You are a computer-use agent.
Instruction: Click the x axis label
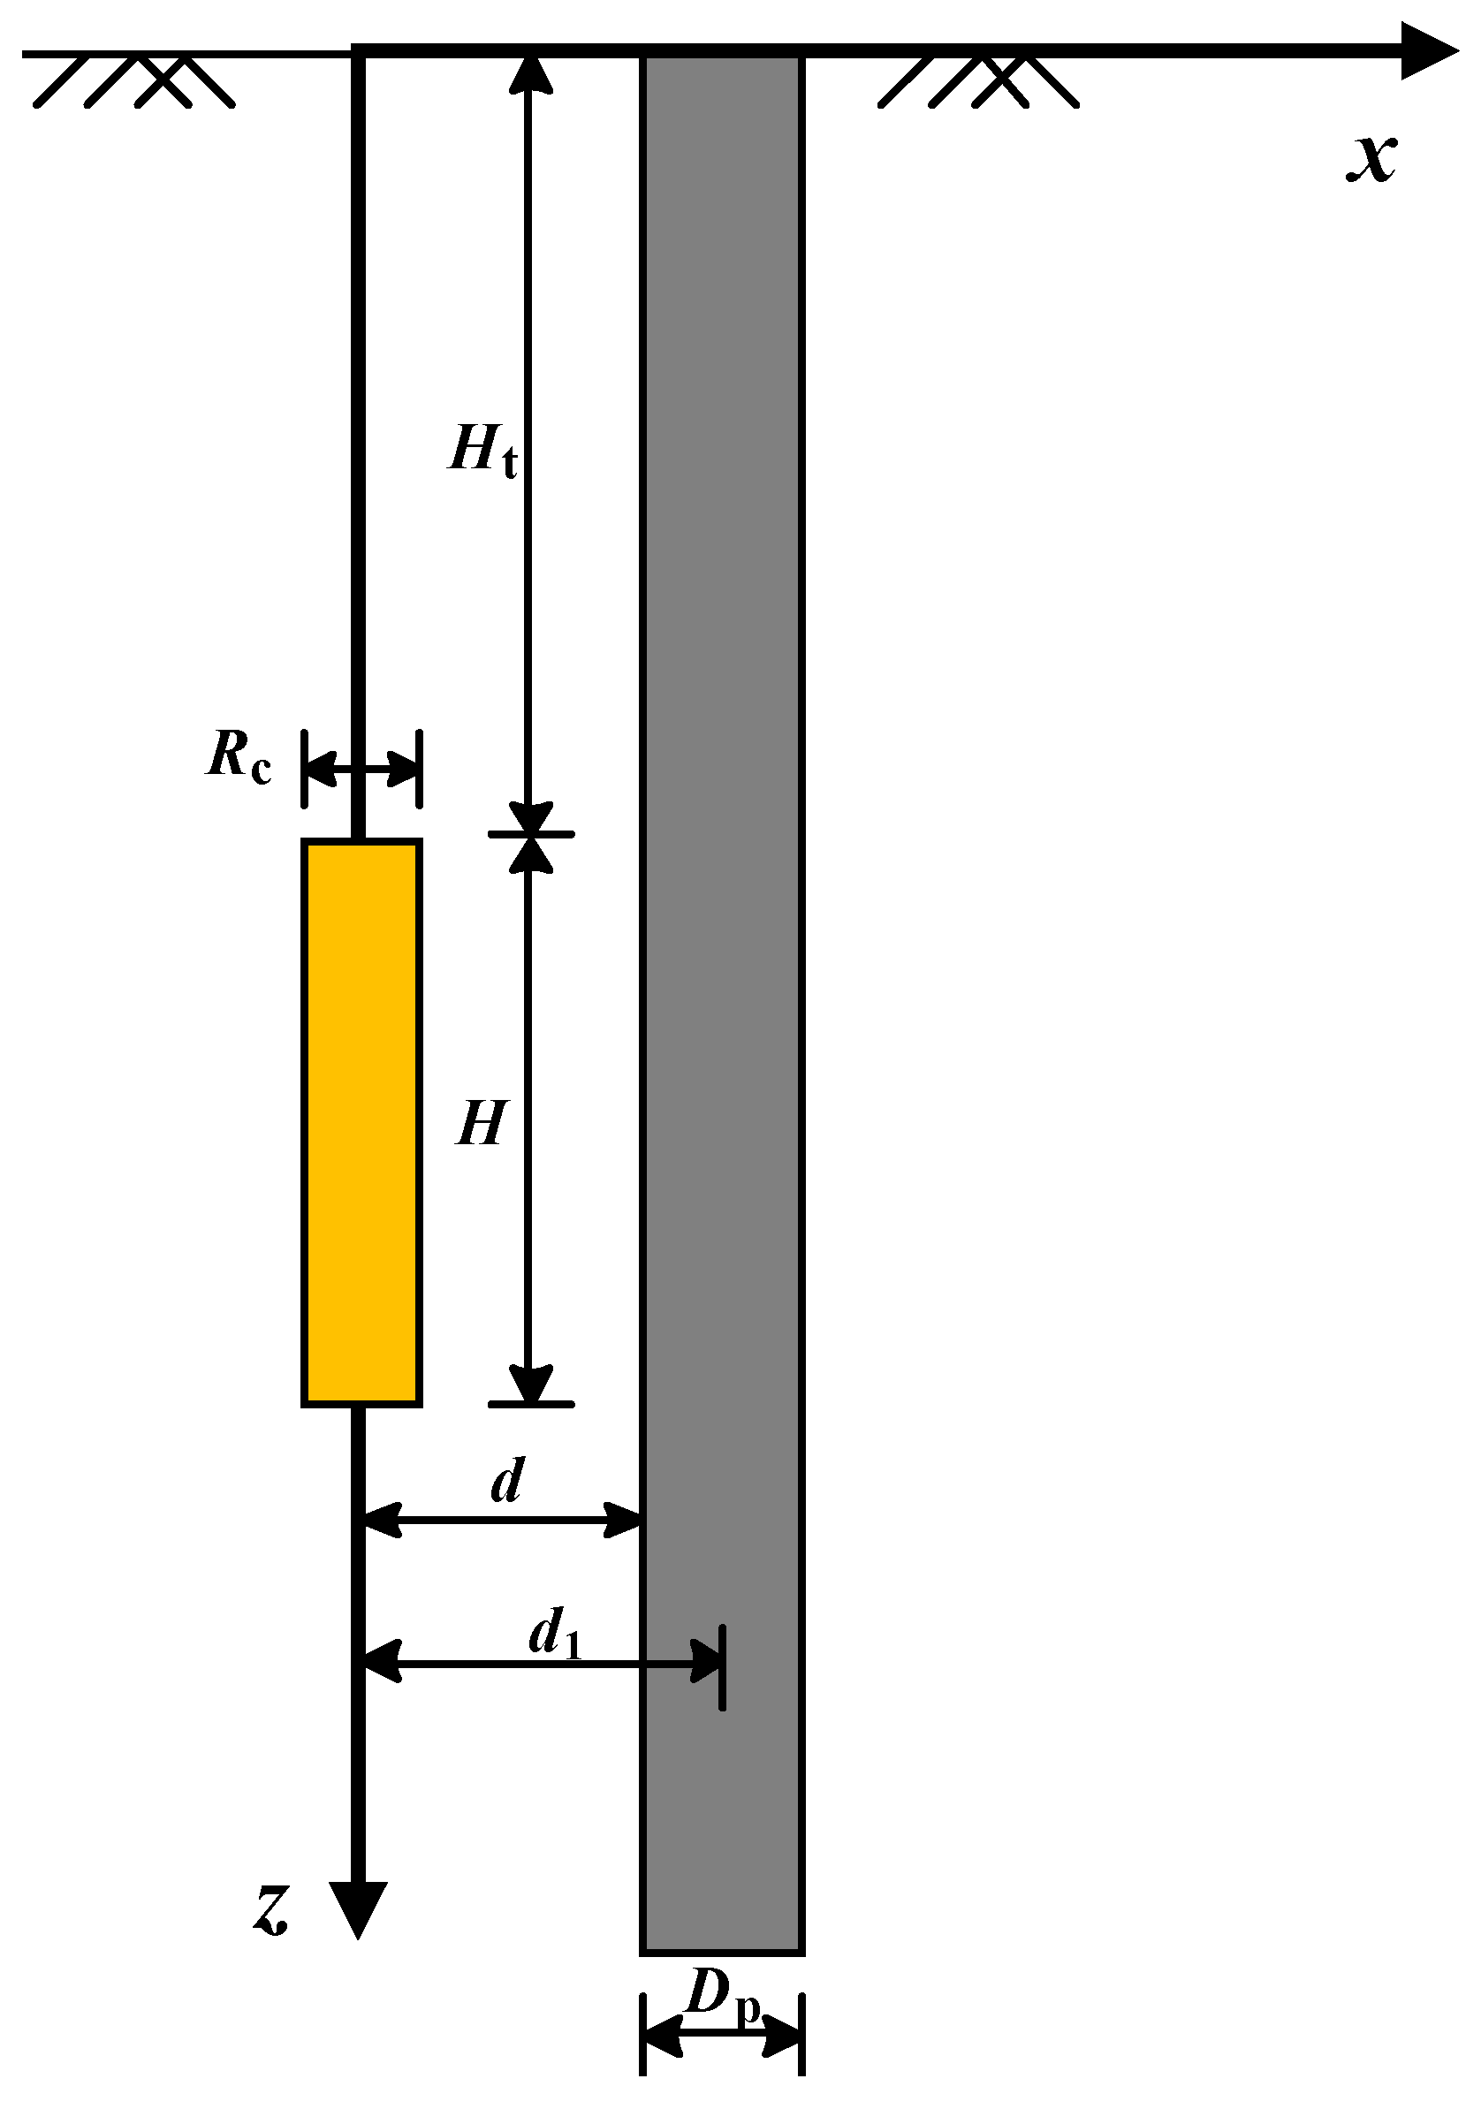[1371, 159]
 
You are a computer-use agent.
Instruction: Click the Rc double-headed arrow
[362, 769]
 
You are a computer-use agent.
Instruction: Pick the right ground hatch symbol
[979, 80]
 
